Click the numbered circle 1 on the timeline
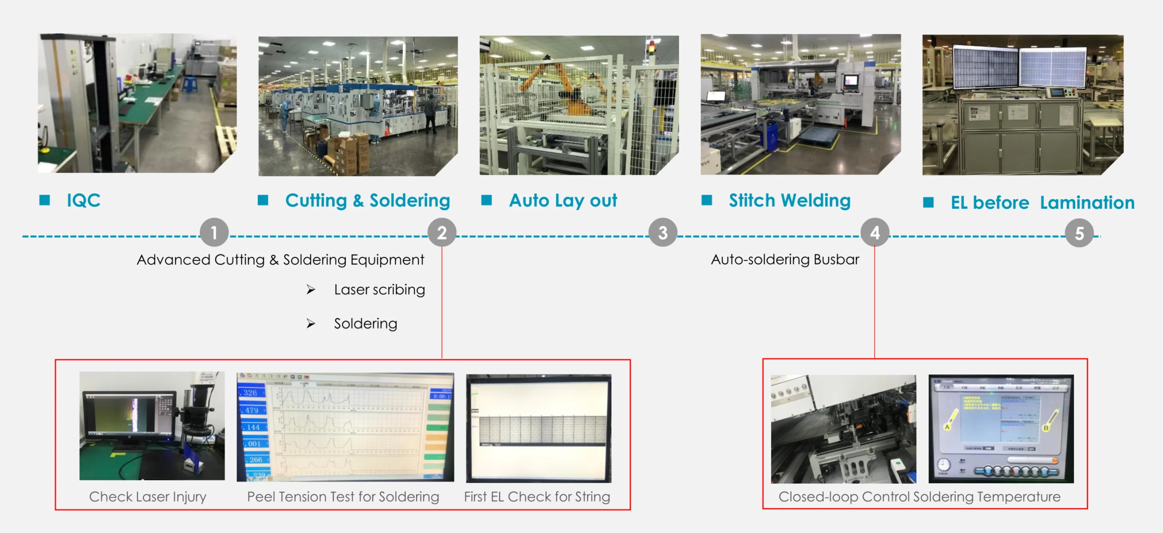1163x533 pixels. coord(214,232)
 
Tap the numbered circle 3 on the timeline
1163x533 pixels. coord(662,232)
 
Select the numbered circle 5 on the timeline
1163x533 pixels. coord(1079,233)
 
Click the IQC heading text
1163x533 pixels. coord(84,200)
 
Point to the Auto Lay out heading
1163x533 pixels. coord(563,200)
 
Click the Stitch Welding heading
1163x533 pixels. coord(789,200)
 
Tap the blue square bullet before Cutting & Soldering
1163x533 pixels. coord(263,200)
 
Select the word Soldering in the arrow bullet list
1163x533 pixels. coord(365,324)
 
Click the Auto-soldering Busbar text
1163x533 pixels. coord(785,260)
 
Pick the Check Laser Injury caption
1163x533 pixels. coord(148,496)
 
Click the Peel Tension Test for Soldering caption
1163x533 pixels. coord(342,496)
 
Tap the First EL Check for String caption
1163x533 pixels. coord(537,496)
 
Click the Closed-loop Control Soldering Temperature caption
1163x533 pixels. coord(919,496)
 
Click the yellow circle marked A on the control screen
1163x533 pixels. coord(947,426)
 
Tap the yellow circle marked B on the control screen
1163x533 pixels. coord(1046,427)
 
